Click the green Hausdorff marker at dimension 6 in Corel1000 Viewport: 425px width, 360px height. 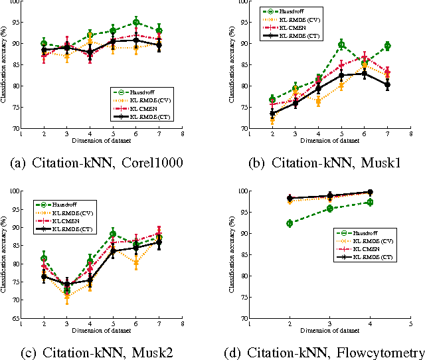135,22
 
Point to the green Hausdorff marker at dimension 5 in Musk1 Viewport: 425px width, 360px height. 341,45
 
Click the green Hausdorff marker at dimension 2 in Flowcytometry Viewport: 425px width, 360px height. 290,223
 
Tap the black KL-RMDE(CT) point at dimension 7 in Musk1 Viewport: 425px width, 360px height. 387,84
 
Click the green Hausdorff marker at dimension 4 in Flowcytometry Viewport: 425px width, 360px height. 370,202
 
